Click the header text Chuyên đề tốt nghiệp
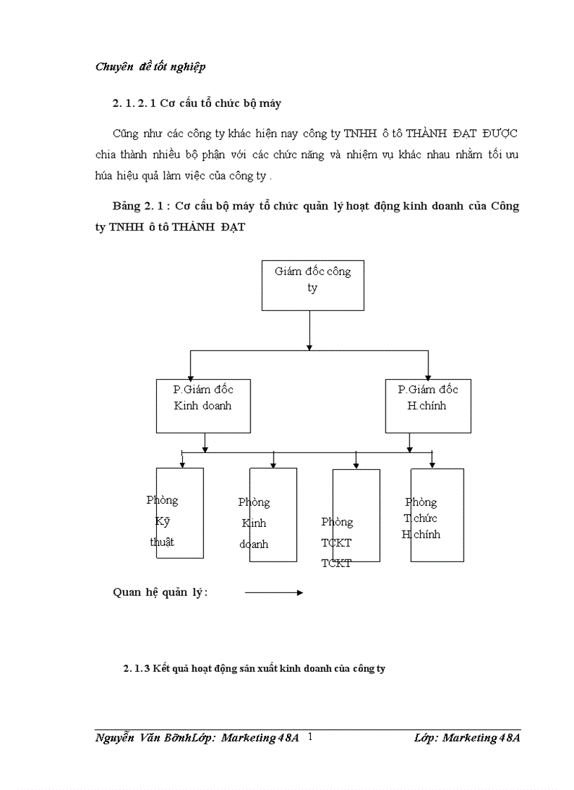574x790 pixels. point(150,68)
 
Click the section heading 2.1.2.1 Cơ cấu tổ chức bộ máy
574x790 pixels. point(196,103)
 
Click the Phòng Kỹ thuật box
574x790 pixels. point(180,513)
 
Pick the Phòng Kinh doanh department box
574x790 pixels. point(273,515)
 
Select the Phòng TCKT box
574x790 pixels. point(356,516)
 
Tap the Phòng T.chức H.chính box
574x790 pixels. point(437,515)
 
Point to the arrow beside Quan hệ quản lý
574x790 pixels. point(274,593)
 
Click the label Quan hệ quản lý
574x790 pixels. point(160,592)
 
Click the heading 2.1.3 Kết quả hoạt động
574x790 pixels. point(254,669)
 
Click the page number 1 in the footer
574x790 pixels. point(310,737)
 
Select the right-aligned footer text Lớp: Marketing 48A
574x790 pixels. point(467,737)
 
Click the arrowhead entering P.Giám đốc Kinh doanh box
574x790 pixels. point(190,375)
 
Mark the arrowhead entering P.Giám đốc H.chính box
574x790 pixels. point(428,375)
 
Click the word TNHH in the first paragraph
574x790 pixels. point(359,134)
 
